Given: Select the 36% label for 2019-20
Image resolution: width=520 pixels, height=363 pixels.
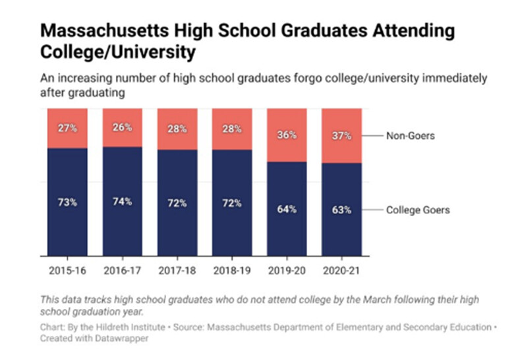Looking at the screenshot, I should (286, 135).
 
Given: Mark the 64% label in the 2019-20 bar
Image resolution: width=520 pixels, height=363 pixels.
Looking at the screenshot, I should (286, 209).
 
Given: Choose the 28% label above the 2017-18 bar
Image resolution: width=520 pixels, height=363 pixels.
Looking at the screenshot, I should (177, 128).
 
